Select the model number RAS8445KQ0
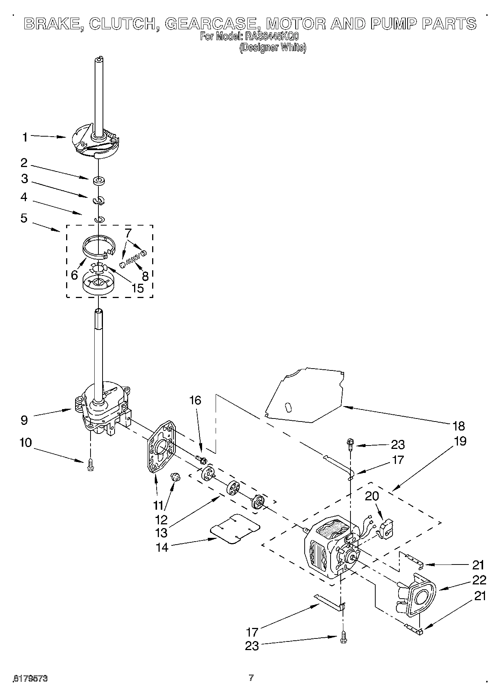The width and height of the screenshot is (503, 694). pos(272,37)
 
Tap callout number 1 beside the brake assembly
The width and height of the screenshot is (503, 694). pos(25,137)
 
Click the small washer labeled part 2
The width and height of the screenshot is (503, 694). pos(99,181)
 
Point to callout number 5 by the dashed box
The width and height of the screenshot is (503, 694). pos(24,218)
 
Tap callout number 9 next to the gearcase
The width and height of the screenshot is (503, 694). pos(24,420)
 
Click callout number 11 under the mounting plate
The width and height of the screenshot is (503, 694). pos(158,505)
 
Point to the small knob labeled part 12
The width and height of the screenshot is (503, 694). pos(175,477)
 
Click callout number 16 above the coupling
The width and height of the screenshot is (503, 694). pos(195,400)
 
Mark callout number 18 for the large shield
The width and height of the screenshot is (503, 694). pos(459,426)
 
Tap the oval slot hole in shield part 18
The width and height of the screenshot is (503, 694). pos(289,407)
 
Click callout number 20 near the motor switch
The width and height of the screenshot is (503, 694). pos(372,496)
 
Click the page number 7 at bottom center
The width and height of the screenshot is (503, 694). pos(251,677)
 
